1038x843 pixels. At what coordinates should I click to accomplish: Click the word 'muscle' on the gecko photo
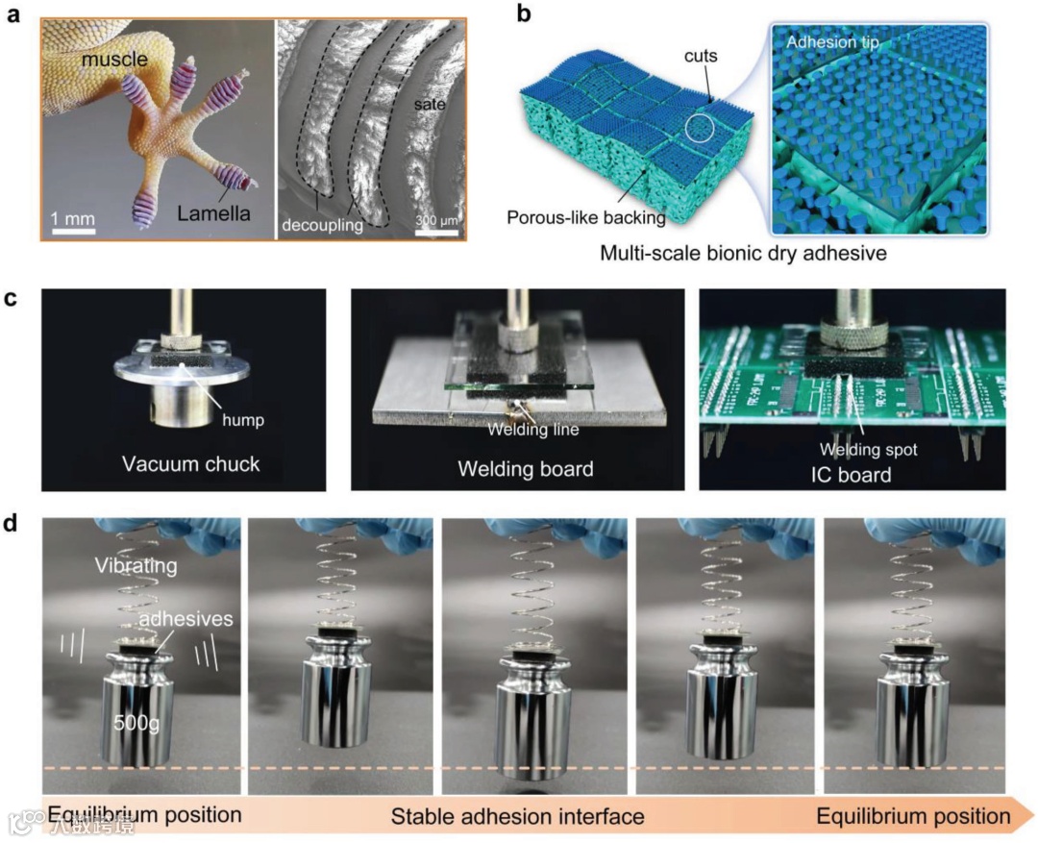[114, 61]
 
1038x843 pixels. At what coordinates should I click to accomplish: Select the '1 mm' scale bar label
[74, 218]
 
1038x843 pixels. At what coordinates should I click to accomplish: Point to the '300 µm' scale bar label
[436, 222]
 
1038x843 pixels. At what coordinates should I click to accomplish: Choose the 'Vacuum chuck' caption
[191, 464]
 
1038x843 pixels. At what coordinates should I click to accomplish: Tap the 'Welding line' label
[534, 430]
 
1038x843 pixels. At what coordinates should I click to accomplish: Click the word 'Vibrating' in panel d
[136, 564]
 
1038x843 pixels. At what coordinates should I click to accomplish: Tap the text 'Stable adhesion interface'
[517, 817]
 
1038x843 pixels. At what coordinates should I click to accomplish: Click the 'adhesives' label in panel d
[184, 619]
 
